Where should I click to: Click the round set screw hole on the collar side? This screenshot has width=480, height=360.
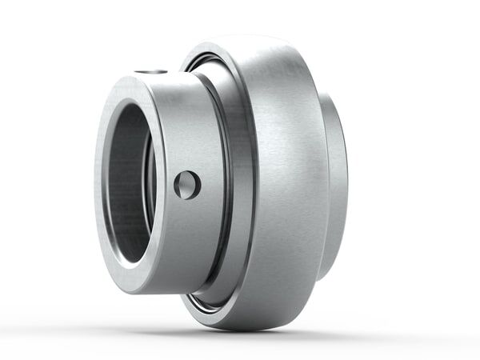click(187, 185)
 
